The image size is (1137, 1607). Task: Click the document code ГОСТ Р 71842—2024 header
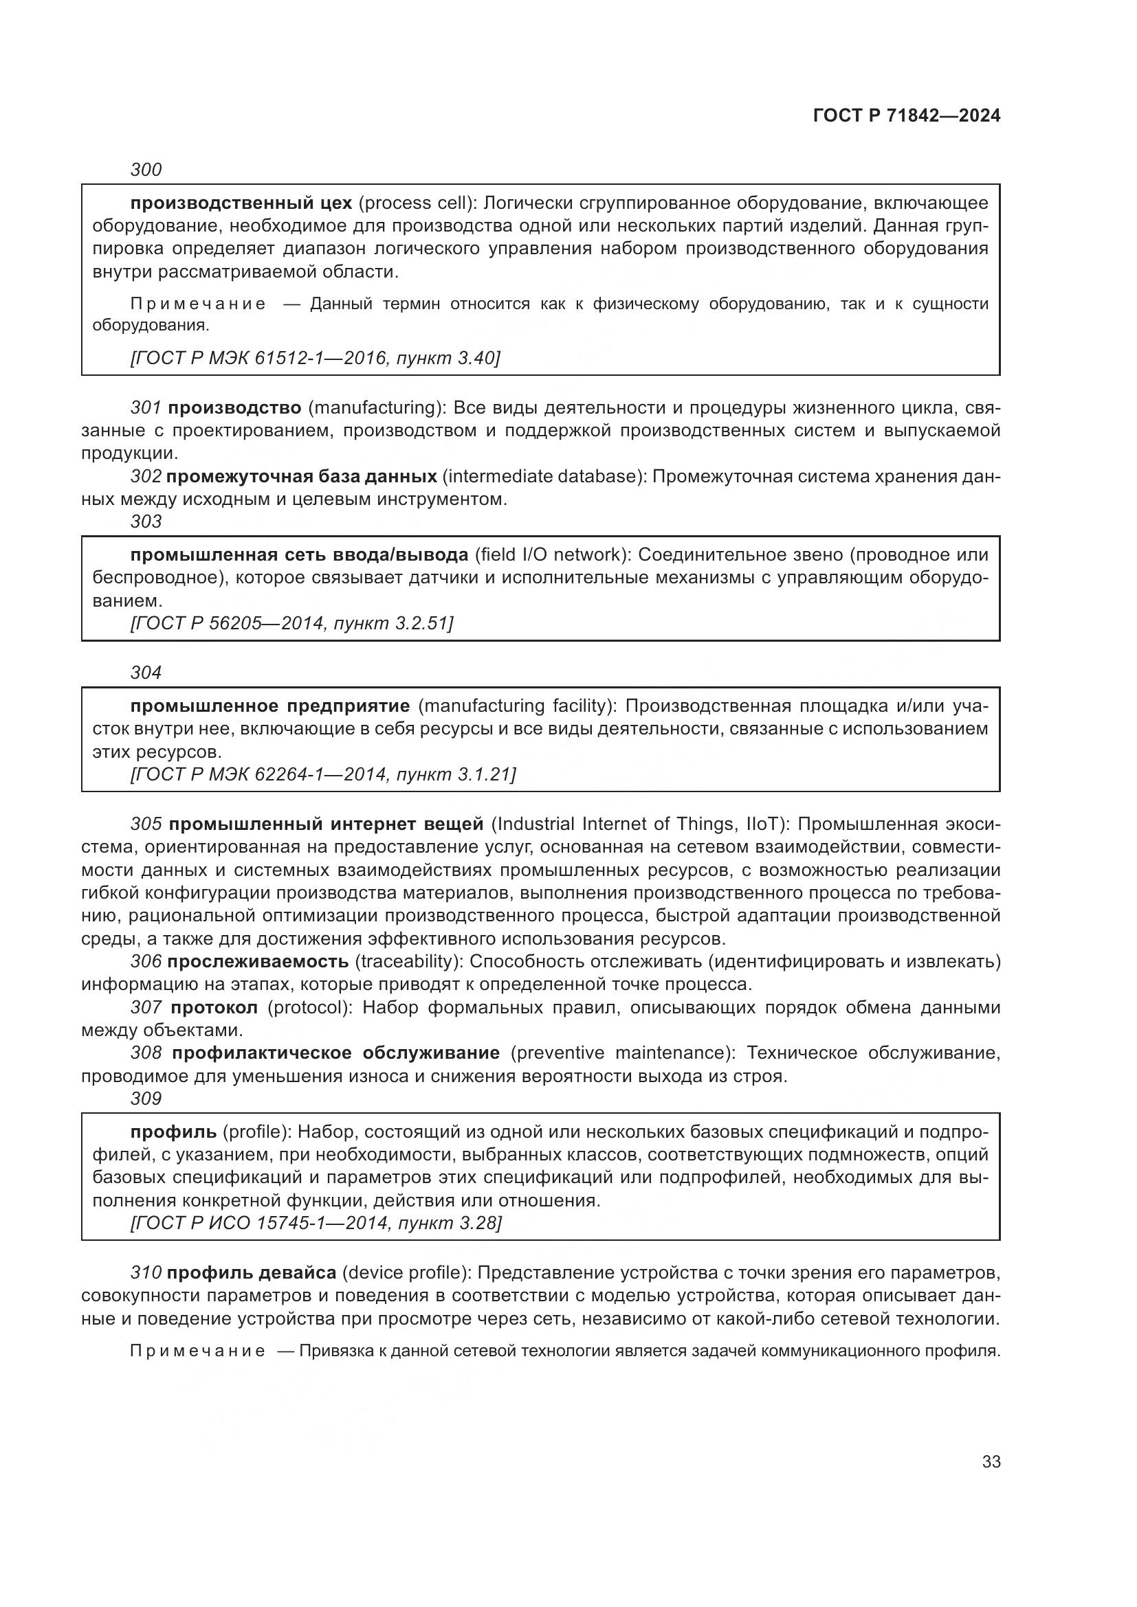coord(906,115)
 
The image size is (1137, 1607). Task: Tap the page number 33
coord(991,1461)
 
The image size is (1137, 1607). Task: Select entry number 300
coord(146,170)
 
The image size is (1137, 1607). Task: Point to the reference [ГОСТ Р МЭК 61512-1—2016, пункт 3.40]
coord(315,358)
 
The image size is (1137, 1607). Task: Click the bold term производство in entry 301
coord(234,407)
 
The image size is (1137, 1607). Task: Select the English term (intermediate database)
coord(544,477)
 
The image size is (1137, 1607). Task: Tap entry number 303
coord(146,521)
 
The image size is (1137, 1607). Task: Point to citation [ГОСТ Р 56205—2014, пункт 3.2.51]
coord(292,622)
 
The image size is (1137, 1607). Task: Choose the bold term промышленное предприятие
coord(269,706)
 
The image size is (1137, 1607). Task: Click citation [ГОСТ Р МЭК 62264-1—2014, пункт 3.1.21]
coord(323,774)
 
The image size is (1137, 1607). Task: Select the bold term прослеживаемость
coord(258,962)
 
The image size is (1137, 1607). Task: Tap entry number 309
coord(146,1099)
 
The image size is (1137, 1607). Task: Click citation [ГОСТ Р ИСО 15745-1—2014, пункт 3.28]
coord(316,1223)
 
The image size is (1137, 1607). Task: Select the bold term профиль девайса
coord(252,1273)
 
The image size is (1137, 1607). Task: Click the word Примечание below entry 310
coord(197,1351)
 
